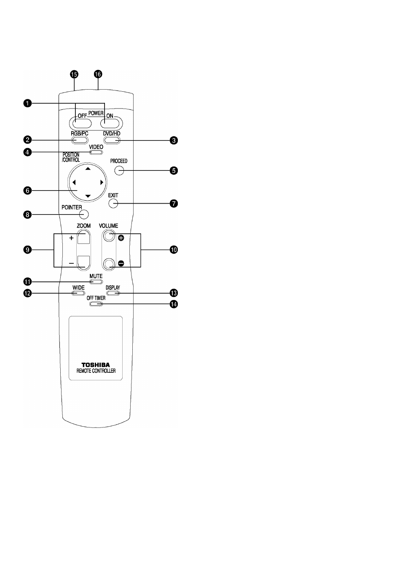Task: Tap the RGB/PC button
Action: tap(80, 140)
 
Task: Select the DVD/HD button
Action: tap(112, 140)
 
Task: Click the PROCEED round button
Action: tap(119, 170)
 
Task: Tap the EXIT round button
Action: tap(113, 203)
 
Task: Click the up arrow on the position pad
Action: tap(88, 169)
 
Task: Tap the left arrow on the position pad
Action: tap(74, 182)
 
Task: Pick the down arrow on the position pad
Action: tap(88, 196)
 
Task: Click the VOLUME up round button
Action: tap(109, 235)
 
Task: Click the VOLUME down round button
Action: tap(109, 263)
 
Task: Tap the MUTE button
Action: tap(96, 282)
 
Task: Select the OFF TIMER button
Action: tap(96, 304)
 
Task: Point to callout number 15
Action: tap(74, 74)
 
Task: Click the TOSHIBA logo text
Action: tap(96, 365)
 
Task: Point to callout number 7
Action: tap(174, 203)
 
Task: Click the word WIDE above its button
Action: tap(78, 287)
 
